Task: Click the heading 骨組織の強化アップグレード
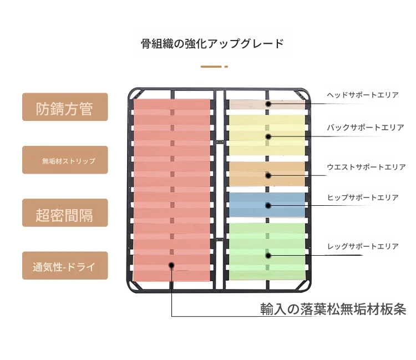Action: coord(212,43)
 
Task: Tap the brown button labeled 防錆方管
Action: coord(65,107)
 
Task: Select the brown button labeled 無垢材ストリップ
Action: coord(65,160)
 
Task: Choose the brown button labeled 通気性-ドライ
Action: coord(65,266)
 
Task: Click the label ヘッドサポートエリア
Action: coord(363,95)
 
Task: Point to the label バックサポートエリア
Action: coord(366,128)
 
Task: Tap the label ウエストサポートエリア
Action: coord(367,167)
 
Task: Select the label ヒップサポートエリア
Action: coord(363,197)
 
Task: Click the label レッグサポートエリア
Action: coord(363,246)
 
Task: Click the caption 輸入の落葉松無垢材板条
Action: coord(333,309)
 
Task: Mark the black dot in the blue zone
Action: coord(268,206)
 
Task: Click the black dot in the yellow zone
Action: coord(268,136)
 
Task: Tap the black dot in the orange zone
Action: coord(268,175)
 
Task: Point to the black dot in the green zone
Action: coord(268,256)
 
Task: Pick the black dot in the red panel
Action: coord(171,265)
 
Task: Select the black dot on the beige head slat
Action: coord(268,104)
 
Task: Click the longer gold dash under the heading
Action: coord(211,67)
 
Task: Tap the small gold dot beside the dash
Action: coord(226,67)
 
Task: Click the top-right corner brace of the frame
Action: coord(302,95)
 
